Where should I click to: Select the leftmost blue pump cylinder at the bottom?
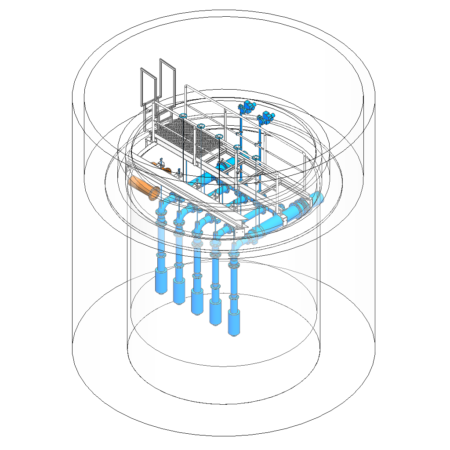click(x=162, y=283)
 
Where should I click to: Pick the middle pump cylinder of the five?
click(x=197, y=304)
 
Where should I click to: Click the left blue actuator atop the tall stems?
click(x=247, y=106)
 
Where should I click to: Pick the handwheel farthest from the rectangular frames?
click(x=255, y=157)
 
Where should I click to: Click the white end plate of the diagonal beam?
click(x=240, y=232)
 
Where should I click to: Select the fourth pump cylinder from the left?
click(x=215, y=314)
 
